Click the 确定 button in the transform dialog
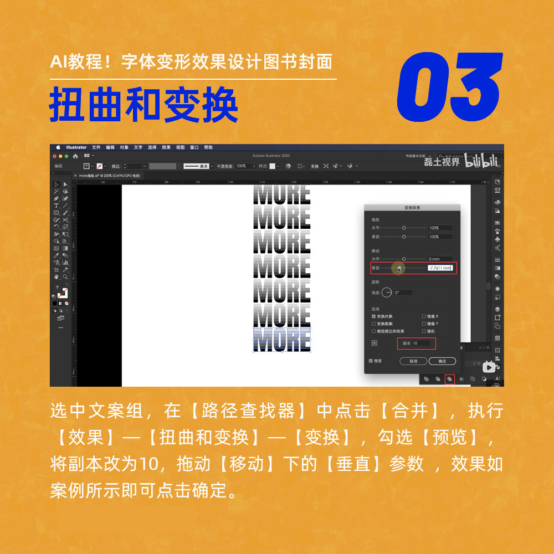pos(442,361)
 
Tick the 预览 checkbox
pos(371,361)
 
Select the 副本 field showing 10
pos(420,343)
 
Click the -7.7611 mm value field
pos(440,268)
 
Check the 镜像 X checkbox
pos(424,316)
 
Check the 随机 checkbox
pos(424,331)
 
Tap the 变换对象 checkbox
pos(374,316)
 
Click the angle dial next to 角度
pos(387,292)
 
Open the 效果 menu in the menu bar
pos(166,147)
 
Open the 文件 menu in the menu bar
pos(96,147)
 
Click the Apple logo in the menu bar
pos(58,147)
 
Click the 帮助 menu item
pos(208,147)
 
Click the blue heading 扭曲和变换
pos(144,105)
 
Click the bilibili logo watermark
pos(481,161)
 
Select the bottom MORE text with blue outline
pos(281,339)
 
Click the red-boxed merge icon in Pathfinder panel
pos(450,379)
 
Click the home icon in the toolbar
pos(75,156)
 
